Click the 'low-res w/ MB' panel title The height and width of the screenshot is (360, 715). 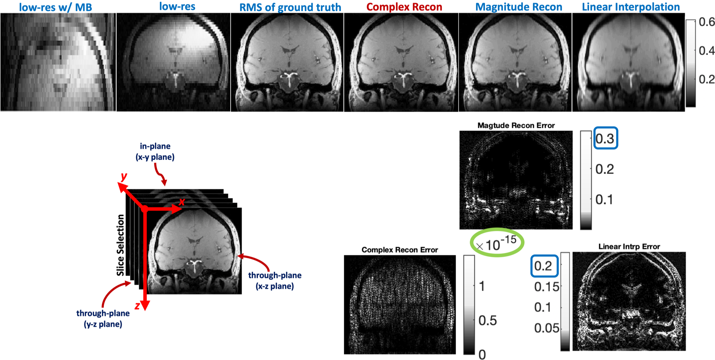click(55, 7)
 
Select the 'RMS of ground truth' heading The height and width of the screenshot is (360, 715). click(290, 7)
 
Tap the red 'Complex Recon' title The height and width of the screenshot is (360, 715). click(404, 7)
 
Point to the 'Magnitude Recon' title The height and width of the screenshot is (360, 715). click(519, 7)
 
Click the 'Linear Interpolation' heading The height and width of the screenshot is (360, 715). click(631, 7)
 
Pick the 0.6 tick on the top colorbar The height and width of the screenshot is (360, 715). click(706, 22)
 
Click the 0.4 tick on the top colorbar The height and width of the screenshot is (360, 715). click(706, 51)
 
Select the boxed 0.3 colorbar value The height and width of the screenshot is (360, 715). click(605, 138)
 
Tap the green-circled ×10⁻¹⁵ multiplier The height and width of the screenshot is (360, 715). click(497, 243)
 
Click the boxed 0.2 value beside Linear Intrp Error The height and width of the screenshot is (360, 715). click(543, 266)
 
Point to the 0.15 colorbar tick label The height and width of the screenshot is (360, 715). click(547, 287)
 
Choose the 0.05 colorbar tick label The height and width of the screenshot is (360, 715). click(547, 328)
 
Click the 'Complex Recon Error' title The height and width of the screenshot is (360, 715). click(400, 250)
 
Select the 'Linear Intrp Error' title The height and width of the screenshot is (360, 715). click(629, 247)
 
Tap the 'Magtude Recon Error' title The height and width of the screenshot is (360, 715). click(516, 126)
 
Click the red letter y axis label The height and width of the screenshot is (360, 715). click(124, 176)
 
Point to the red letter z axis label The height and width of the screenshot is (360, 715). click(137, 306)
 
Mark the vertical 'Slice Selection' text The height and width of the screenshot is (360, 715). click(121, 245)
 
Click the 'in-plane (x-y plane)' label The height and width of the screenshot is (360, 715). click(155, 151)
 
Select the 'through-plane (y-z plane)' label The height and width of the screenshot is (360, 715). click(103, 318)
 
